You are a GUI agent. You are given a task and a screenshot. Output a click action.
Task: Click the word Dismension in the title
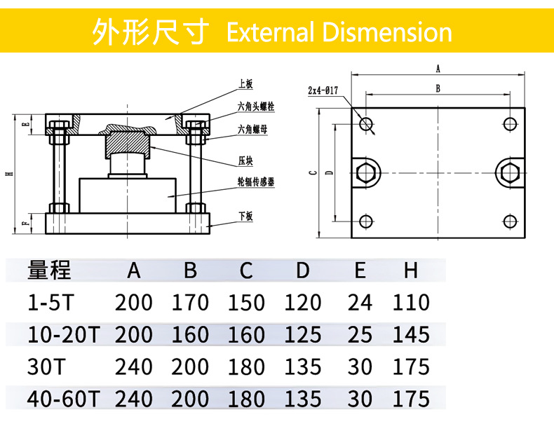point(386,32)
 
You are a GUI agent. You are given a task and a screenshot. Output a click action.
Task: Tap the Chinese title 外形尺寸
point(151,32)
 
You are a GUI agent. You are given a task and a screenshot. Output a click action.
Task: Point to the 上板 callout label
point(245,83)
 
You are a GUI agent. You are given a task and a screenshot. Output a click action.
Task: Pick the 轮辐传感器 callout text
point(256,182)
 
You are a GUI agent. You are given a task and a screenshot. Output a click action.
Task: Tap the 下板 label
point(245,217)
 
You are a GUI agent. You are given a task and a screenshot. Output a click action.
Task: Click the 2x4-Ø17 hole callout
point(323,90)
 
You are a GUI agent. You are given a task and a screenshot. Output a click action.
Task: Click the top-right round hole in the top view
point(510,124)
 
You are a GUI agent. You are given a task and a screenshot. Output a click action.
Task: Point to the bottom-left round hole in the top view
point(365,221)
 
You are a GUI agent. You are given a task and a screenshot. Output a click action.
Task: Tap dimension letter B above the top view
point(438,88)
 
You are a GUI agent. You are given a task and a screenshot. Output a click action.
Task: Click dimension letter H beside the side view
point(8,174)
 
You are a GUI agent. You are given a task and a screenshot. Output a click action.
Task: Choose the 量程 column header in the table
point(49,270)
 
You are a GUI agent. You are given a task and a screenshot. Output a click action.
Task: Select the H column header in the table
point(410,270)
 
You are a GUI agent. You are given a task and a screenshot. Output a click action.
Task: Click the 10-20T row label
point(64,334)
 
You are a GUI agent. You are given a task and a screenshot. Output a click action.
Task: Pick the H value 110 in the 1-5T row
point(410,303)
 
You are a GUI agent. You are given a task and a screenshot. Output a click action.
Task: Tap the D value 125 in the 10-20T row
point(302,334)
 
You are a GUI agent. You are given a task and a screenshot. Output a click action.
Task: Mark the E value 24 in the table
point(360,303)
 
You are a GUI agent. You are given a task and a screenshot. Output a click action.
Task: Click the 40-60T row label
point(64,399)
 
